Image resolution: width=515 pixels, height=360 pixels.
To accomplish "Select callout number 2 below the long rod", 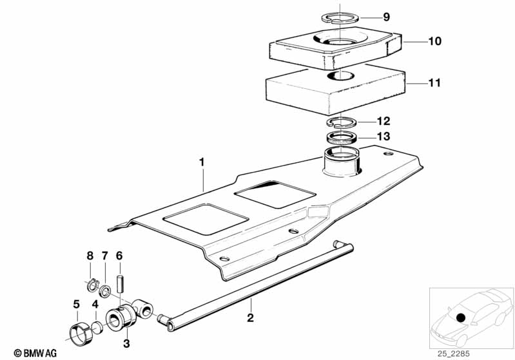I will coord(250,317).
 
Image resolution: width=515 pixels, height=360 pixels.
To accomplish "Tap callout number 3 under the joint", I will coord(126,343).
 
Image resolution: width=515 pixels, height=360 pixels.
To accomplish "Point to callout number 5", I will coord(76,303).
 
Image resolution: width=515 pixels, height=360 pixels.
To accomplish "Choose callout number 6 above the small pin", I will coord(119,256).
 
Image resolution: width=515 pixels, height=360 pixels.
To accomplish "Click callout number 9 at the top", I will coord(386,16).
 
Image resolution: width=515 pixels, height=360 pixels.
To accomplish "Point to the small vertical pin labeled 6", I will coord(120,283).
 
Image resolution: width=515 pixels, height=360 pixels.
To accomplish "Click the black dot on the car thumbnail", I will coord(461,317).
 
